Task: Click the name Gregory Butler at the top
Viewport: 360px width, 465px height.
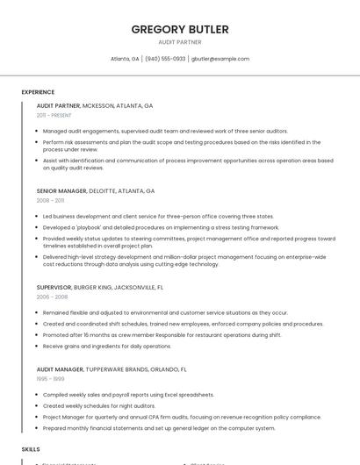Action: pos(180,29)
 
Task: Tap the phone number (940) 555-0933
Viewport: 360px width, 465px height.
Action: pos(165,59)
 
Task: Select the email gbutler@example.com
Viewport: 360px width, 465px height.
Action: pos(220,59)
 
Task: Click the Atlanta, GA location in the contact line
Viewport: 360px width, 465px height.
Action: pos(125,59)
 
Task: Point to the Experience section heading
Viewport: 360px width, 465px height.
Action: pos(38,92)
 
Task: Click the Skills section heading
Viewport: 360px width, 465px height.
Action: pos(31,448)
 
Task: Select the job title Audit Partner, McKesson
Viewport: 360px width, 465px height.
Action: pos(95,105)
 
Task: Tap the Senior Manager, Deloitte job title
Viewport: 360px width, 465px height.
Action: pos(96,190)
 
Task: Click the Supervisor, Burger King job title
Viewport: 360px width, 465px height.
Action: pos(100,287)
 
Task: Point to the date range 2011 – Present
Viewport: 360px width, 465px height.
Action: pos(54,115)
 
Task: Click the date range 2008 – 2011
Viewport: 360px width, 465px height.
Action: pos(50,200)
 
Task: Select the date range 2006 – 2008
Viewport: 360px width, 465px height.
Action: pos(52,297)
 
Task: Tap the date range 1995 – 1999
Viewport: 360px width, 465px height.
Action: pos(50,379)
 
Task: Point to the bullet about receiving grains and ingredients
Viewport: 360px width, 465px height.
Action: pos(106,346)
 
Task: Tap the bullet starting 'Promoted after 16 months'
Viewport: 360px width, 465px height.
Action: pos(162,334)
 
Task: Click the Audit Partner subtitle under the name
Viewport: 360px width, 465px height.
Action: pos(180,42)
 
